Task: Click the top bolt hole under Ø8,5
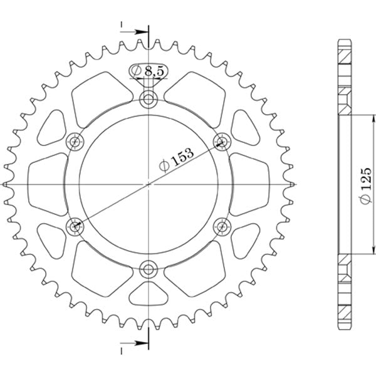[149, 98]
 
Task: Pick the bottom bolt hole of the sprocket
[149, 270]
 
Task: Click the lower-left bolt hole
[75, 226]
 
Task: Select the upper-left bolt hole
[75, 140]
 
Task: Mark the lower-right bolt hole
[222, 226]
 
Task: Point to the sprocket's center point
[149, 184]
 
